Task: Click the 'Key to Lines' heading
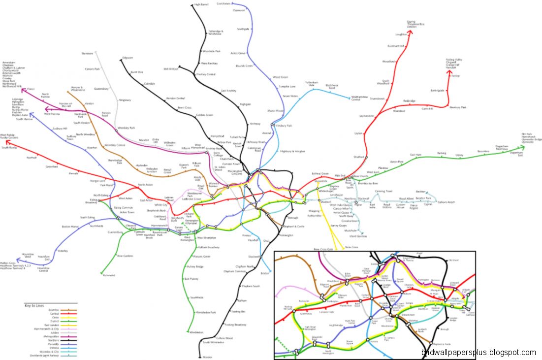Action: [x=34, y=305]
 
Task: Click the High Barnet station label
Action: [x=201, y=4]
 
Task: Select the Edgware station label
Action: [x=128, y=58]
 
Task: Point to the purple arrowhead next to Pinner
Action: [x=22, y=90]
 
